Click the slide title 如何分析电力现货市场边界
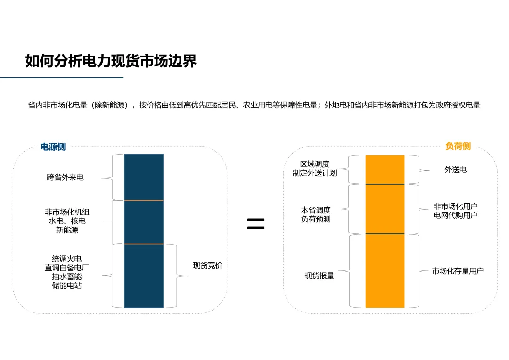tap(111, 61)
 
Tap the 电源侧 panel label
tap(53, 147)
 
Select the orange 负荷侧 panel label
tap(458, 147)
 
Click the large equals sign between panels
tap(255, 224)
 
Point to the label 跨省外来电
tap(65, 178)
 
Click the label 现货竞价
tap(207, 266)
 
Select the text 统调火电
tap(66, 259)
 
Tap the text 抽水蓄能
tap(66, 277)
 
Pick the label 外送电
tap(455, 170)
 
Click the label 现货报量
tap(319, 276)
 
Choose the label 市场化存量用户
tap(457, 271)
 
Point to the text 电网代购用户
tap(455, 215)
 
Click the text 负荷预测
tap(316, 219)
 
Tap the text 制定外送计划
tap(314, 173)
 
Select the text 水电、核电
tap(67, 221)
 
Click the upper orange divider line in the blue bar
tap(144, 201)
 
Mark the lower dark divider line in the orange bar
tap(385, 234)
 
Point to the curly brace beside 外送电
tap(414, 170)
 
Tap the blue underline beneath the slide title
tap(61, 77)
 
